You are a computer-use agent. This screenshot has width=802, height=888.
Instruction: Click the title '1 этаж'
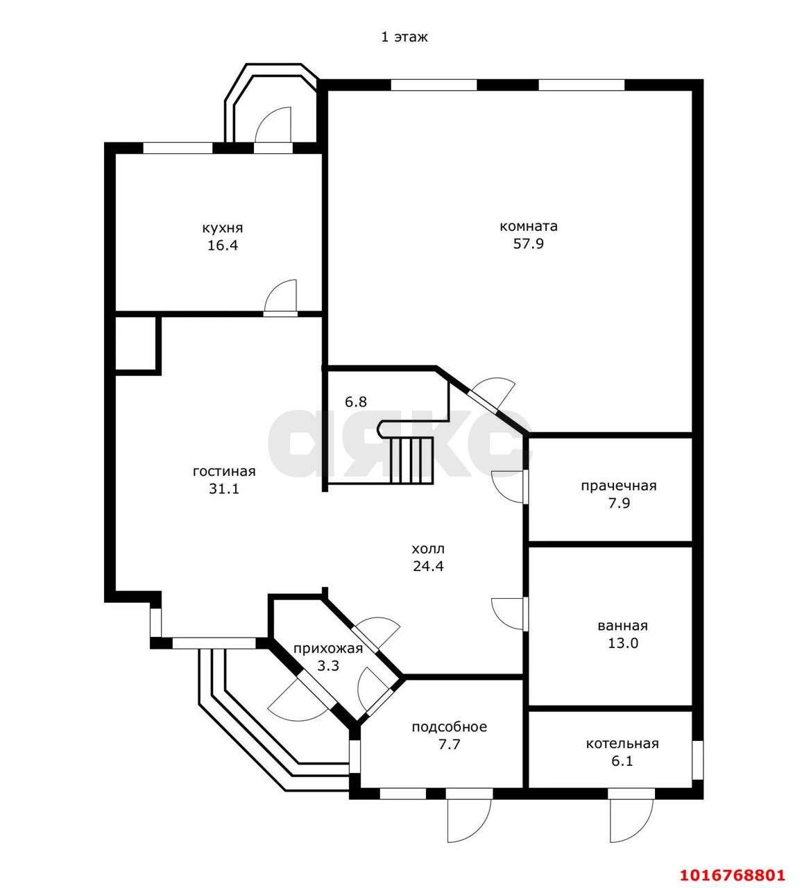(404, 37)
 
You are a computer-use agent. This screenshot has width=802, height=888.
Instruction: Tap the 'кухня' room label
(223, 228)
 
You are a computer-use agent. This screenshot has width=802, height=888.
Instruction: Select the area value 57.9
(529, 244)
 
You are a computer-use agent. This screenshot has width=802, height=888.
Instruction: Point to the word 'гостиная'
(224, 472)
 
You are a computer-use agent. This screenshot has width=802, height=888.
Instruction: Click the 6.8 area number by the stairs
(356, 402)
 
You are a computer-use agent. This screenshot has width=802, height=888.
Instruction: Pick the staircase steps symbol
(411, 461)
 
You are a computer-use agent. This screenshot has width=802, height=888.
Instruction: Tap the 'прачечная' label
(619, 486)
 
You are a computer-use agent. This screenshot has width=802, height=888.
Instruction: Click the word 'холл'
(428, 549)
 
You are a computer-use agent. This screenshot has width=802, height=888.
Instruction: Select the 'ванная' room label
(622, 626)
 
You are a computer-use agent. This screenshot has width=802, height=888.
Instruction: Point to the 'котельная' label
(622, 744)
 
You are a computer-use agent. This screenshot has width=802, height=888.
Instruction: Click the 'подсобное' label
(450, 727)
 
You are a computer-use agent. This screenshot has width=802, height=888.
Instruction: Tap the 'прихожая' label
(328, 649)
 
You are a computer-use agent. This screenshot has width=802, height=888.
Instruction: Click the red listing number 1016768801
(733, 862)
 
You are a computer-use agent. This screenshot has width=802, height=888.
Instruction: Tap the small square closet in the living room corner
(136, 343)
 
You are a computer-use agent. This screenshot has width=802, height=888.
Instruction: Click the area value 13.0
(622, 643)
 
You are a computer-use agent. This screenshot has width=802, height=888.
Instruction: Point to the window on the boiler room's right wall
(697, 760)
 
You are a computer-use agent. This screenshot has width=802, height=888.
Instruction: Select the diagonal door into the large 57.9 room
(492, 394)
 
